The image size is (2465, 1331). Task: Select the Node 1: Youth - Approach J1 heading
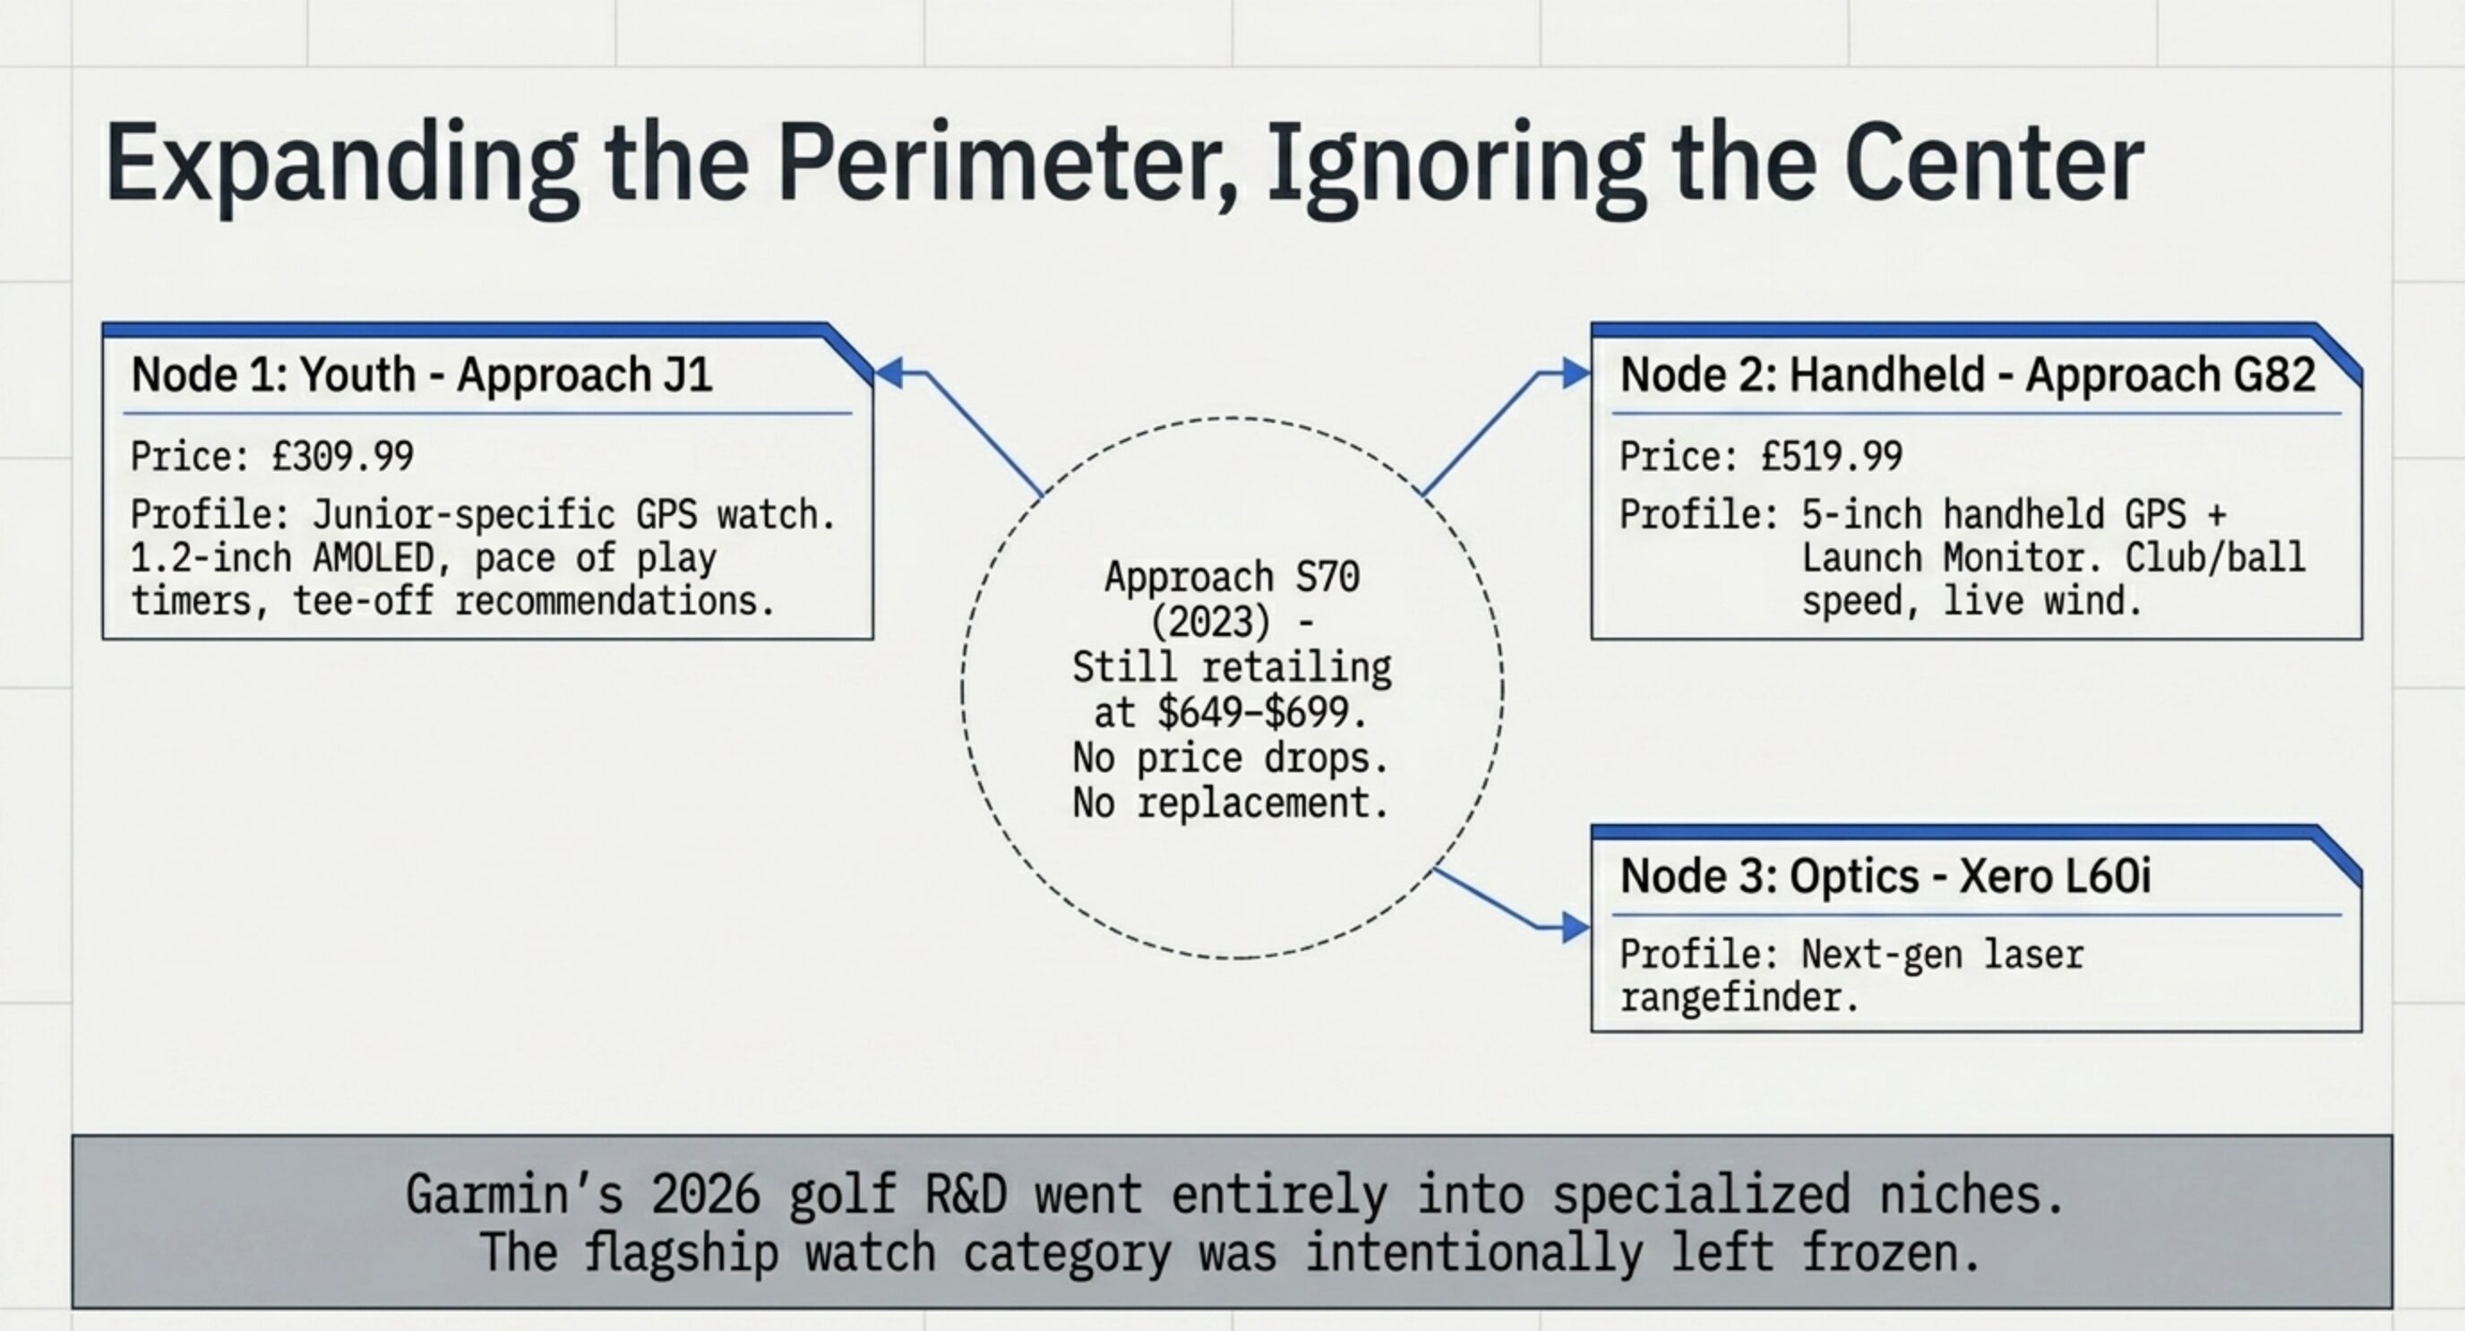(x=421, y=374)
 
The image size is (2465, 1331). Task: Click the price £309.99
(x=342, y=457)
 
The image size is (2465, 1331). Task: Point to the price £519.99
(x=1832, y=457)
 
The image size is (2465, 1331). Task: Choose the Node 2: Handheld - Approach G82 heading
(x=1967, y=374)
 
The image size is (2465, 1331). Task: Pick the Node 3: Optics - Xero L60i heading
(x=1885, y=877)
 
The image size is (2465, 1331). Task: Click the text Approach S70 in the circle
(x=1232, y=577)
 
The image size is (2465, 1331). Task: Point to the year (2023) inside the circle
(x=1209, y=623)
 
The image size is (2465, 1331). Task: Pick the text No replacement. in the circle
(x=1231, y=802)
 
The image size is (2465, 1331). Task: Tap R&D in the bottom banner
(x=966, y=1194)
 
